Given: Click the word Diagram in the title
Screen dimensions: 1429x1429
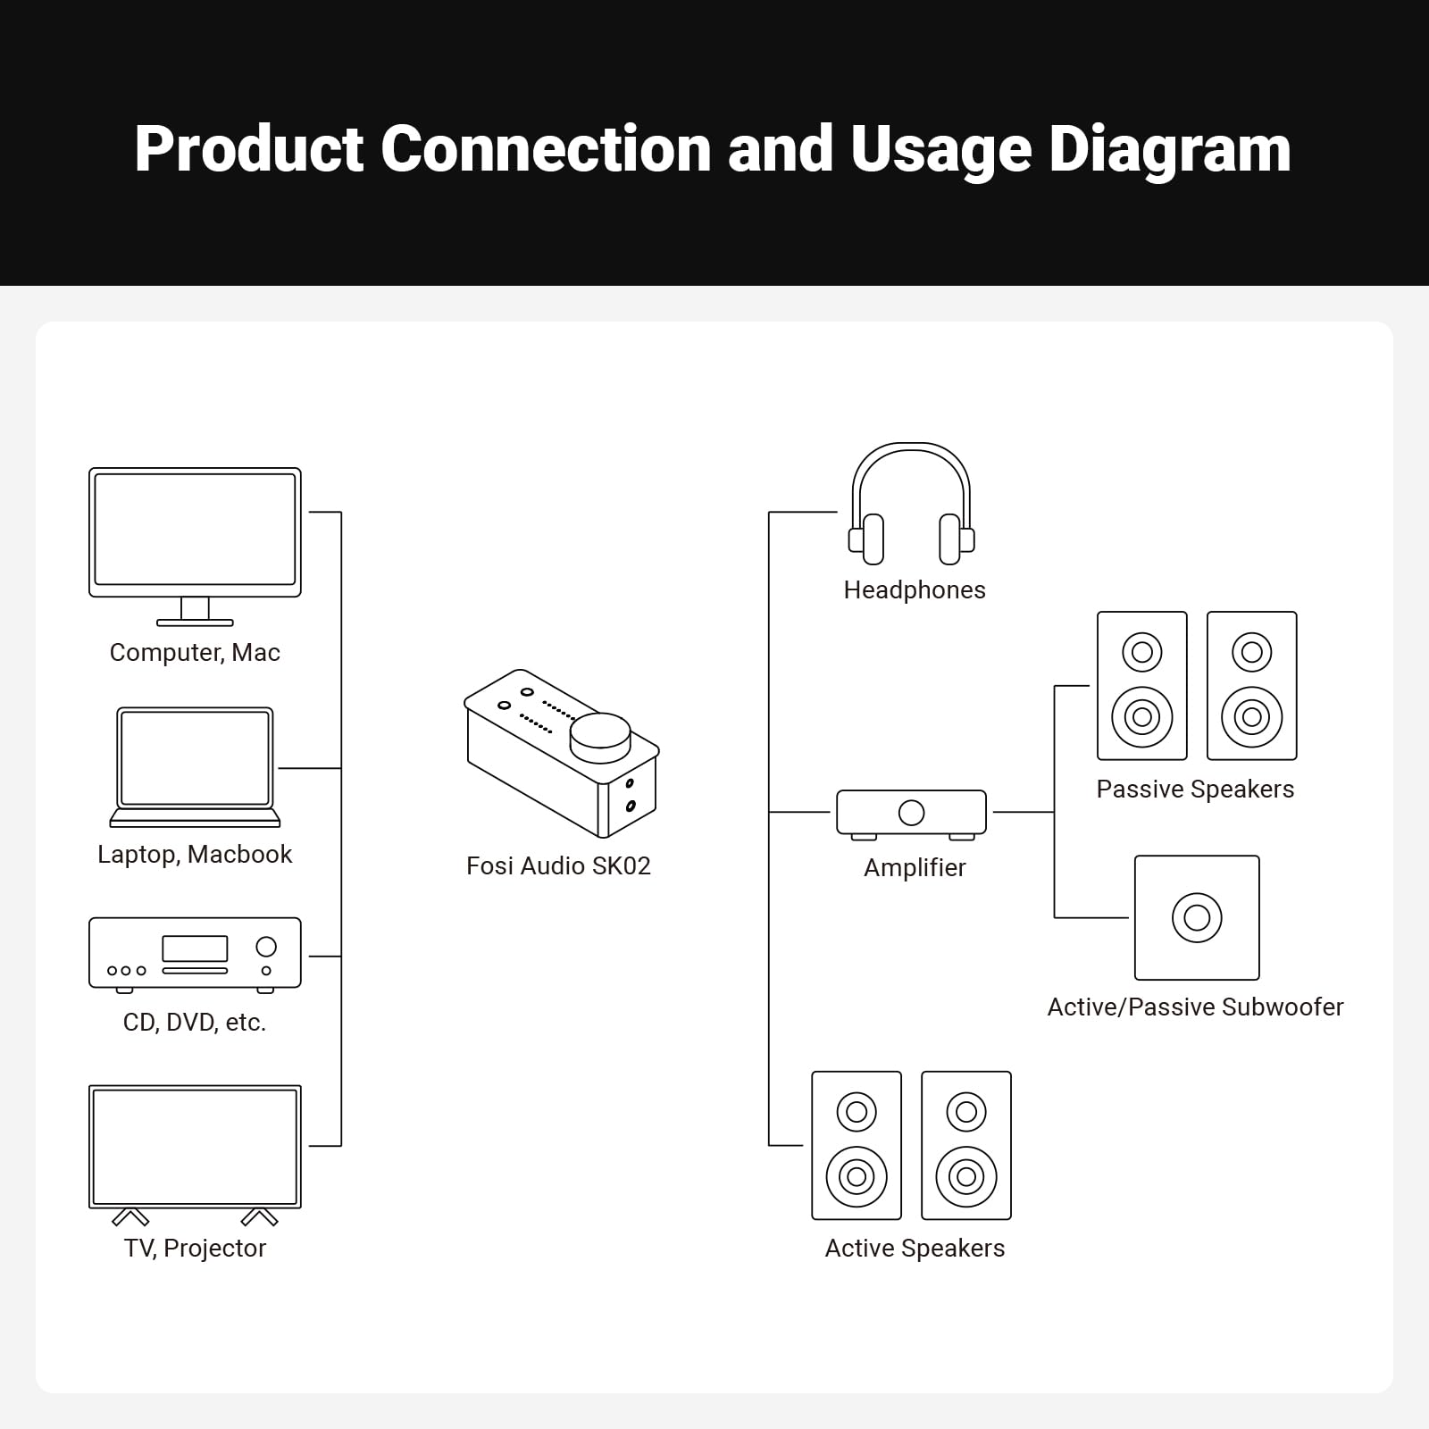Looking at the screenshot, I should tap(1169, 149).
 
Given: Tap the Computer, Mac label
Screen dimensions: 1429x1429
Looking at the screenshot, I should tap(195, 653).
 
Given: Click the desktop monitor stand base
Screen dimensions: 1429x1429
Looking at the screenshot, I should tap(195, 623).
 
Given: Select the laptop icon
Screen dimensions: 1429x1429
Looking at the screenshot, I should tap(195, 766).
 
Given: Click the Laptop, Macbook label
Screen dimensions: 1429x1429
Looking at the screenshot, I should tap(195, 855).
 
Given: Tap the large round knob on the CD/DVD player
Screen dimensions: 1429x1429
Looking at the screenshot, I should tap(266, 946).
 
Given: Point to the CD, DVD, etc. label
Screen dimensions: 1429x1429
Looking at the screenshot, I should tap(195, 1023).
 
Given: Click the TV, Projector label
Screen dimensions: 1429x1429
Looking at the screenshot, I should tap(195, 1249).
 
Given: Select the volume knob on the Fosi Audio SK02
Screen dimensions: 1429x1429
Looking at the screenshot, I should tap(600, 735).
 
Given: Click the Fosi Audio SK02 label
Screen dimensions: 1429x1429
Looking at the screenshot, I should tap(558, 866).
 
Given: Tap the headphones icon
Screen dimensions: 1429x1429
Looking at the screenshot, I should tap(911, 505).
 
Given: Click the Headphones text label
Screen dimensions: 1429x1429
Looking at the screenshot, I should tap(915, 590).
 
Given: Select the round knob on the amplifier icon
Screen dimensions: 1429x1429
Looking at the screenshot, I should tap(911, 813).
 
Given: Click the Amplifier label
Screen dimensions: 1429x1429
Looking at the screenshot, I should tap(915, 868).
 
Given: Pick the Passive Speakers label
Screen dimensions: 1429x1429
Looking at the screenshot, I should tap(1195, 790).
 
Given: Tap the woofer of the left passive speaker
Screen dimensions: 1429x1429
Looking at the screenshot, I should tap(1142, 716).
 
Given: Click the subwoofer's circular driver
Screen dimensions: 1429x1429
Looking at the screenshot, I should tap(1197, 917).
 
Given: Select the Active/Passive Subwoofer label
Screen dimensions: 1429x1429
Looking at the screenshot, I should tap(1195, 1007).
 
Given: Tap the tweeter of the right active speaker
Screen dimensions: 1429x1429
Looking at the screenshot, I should tap(966, 1112).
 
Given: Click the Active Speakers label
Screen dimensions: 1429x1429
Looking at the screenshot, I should tap(915, 1249).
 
